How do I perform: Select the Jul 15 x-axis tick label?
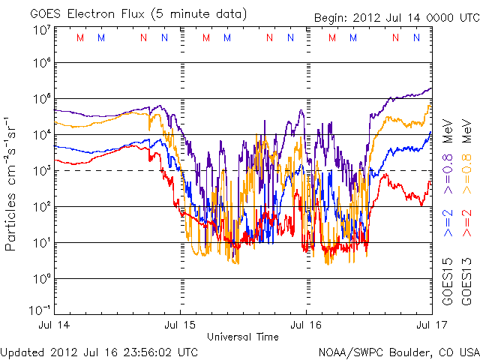tap(180, 325)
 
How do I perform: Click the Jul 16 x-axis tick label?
tap(306, 325)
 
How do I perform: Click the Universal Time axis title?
tap(243, 337)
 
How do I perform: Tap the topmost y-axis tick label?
tap(41, 30)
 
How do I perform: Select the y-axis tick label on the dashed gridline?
tap(41, 171)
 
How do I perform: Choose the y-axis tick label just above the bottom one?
tap(41, 279)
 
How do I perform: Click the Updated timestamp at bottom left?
tap(100, 352)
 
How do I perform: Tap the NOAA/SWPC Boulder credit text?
tap(398, 352)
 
